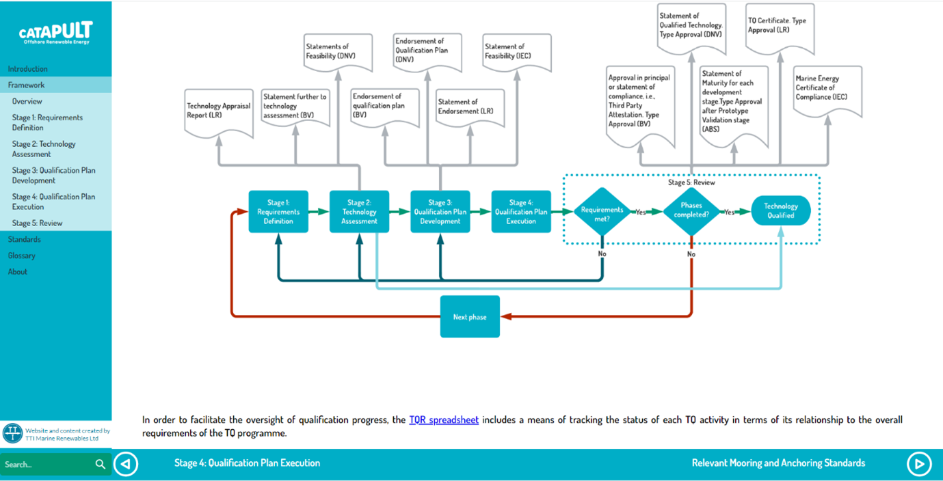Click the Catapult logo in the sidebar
click(55, 32)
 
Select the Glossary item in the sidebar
click(21, 256)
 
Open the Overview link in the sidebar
click(27, 101)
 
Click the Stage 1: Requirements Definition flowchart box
click(278, 212)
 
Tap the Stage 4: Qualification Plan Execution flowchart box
click(521, 212)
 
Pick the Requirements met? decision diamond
click(602, 212)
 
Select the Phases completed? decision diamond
click(691, 212)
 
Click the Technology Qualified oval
click(781, 210)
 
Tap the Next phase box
click(470, 316)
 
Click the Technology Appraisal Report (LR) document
click(219, 113)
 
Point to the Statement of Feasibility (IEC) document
click(517, 52)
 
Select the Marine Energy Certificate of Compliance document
click(827, 90)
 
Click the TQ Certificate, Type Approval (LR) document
click(780, 28)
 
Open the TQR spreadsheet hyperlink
click(444, 420)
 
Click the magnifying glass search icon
click(101, 464)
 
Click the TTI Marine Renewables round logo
click(12, 433)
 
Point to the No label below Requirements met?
click(602, 254)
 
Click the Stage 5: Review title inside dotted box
click(691, 182)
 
